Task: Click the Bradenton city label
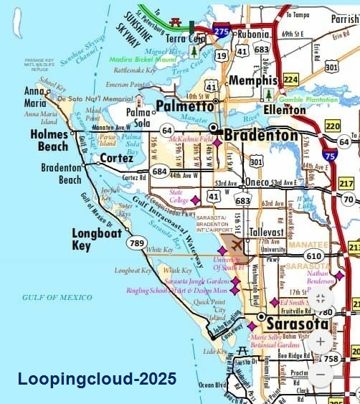(x=260, y=135)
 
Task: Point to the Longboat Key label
(x=95, y=238)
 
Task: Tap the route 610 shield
(x=313, y=256)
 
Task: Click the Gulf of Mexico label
(x=50, y=297)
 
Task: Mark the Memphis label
(x=252, y=80)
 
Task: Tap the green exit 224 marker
(x=291, y=79)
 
